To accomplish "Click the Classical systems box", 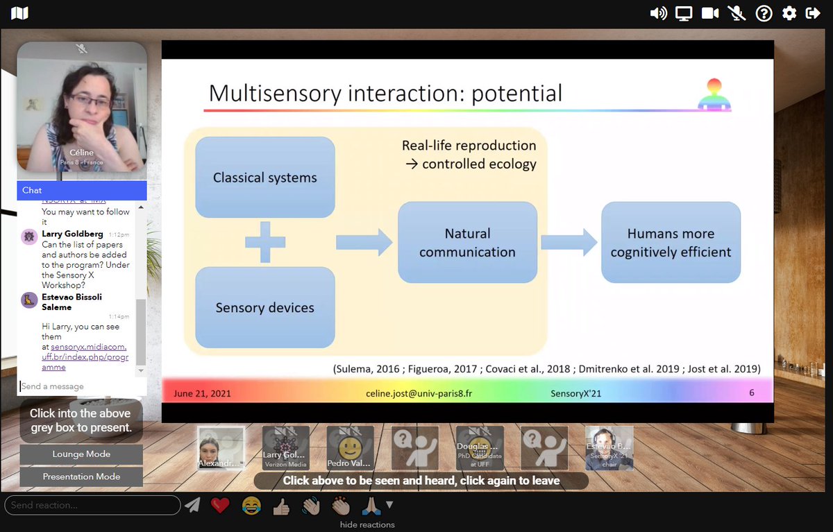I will [264, 178].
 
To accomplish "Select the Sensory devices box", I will [264, 307].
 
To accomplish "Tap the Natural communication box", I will [467, 243].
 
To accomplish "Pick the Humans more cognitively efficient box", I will [671, 243].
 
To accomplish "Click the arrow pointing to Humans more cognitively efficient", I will [569, 242].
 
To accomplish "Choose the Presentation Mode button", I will [81, 477].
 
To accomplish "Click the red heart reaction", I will [220, 506].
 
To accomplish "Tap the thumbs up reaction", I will [281, 506].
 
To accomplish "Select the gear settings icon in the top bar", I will [789, 13].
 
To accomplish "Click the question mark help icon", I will [764, 13].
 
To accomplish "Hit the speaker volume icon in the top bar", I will [658, 13].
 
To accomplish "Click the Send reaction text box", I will [92, 505].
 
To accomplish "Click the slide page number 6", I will [751, 393].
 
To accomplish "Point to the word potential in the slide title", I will [516, 93].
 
